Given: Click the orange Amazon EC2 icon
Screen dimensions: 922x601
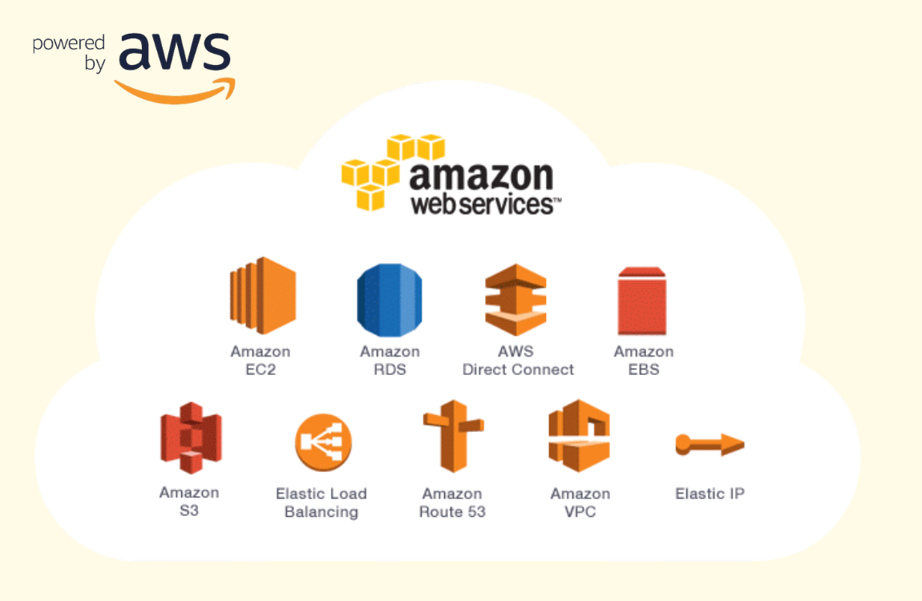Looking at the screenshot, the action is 263,296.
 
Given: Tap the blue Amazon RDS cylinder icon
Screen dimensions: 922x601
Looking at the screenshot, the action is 390,300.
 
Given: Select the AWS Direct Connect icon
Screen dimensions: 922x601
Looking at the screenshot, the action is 516,300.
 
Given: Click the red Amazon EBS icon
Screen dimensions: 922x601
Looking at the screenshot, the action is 642,300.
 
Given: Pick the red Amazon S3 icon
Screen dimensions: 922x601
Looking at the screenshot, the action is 191,438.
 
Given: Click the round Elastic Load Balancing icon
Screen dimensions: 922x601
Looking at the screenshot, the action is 323,442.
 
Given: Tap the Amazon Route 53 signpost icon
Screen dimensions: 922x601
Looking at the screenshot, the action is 453,436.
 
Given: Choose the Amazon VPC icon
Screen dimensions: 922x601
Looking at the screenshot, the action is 579,435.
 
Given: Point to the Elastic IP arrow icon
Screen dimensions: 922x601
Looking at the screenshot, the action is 710,444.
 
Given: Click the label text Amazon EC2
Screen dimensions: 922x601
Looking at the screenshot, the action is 261,360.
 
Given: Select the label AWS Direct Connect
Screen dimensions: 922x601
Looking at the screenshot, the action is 518,360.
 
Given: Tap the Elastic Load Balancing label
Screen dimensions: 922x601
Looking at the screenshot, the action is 321,502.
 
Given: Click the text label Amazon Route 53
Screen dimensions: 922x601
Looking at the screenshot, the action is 452,502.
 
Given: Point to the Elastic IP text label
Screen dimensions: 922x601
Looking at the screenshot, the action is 710,494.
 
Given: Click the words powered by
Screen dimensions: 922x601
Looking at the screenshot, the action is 70,52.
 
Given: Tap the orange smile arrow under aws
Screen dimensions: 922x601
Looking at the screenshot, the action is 175,91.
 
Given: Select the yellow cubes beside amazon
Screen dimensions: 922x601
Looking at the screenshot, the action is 393,172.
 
